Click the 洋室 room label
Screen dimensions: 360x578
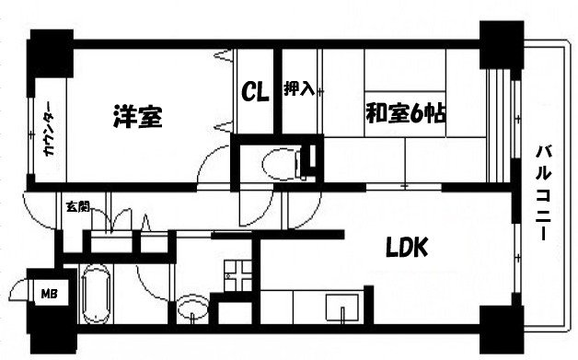tap(138, 118)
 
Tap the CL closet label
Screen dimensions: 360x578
tap(255, 91)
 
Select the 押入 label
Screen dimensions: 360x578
tap(298, 89)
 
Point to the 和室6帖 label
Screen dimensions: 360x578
tap(406, 114)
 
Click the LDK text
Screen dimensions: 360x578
tap(406, 248)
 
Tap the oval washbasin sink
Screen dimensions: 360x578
tap(192, 308)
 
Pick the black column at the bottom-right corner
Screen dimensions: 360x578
tap(502, 332)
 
